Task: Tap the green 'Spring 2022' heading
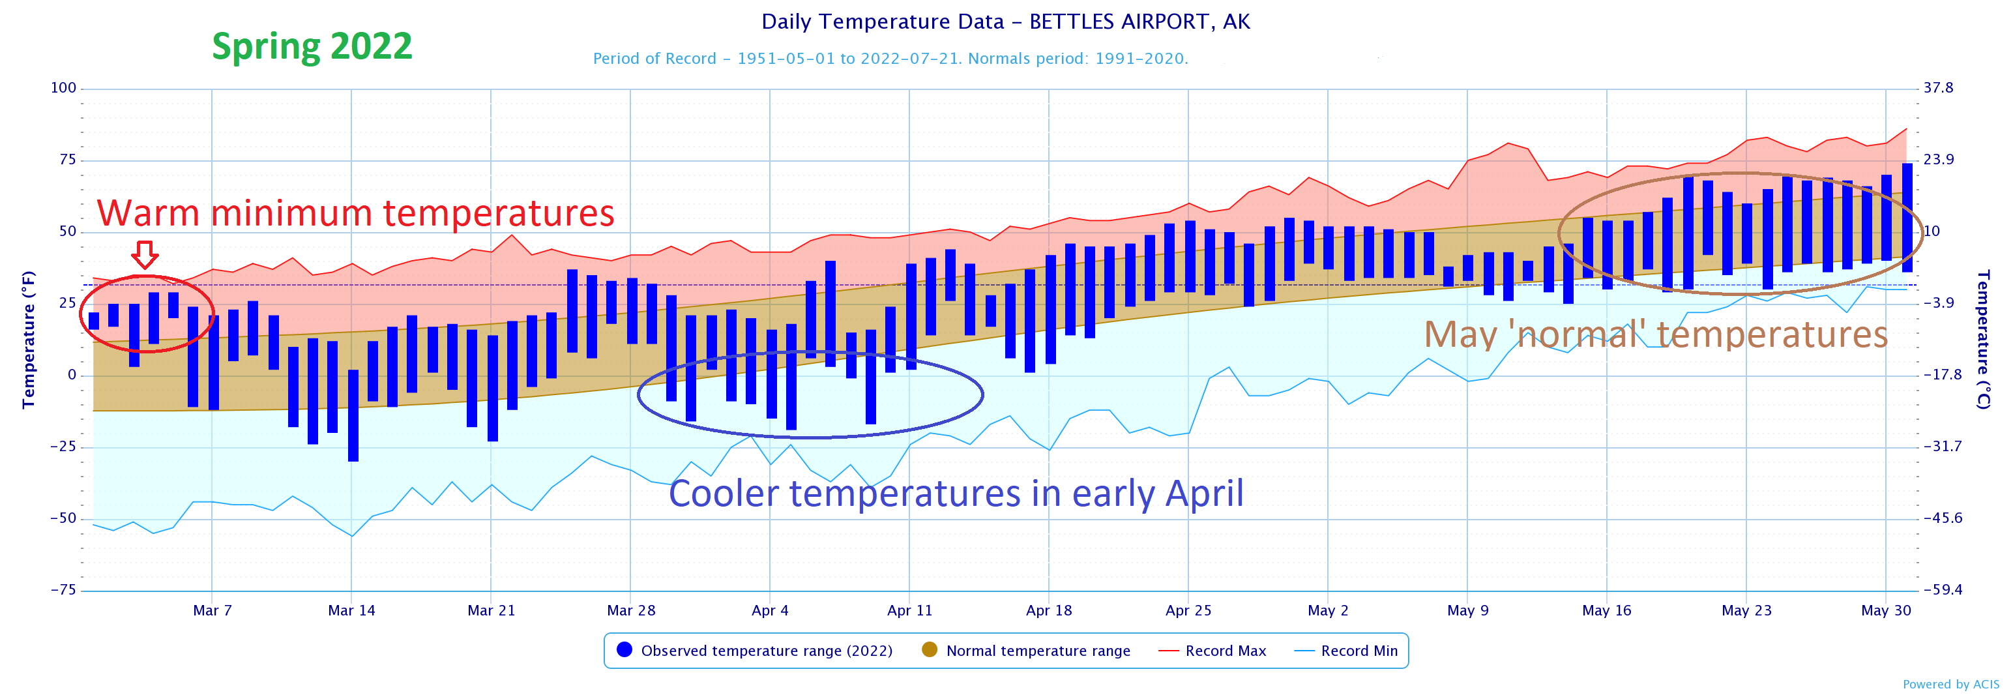(312, 46)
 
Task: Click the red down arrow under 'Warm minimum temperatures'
(145, 255)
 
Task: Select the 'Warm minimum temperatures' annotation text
(355, 213)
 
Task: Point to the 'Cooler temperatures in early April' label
(956, 494)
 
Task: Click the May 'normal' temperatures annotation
(1655, 334)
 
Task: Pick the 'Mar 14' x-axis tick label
(351, 610)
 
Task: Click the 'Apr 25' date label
(1188, 610)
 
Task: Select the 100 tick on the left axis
(63, 87)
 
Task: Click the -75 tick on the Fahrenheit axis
(63, 590)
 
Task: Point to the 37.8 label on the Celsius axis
(1938, 87)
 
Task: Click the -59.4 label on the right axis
(1941, 590)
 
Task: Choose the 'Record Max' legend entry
(1224, 651)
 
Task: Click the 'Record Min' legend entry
(1358, 651)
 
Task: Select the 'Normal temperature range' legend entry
(1037, 651)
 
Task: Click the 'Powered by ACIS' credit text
(1950, 685)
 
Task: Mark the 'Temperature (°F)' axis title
(29, 340)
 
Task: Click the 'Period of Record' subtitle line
(890, 59)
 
